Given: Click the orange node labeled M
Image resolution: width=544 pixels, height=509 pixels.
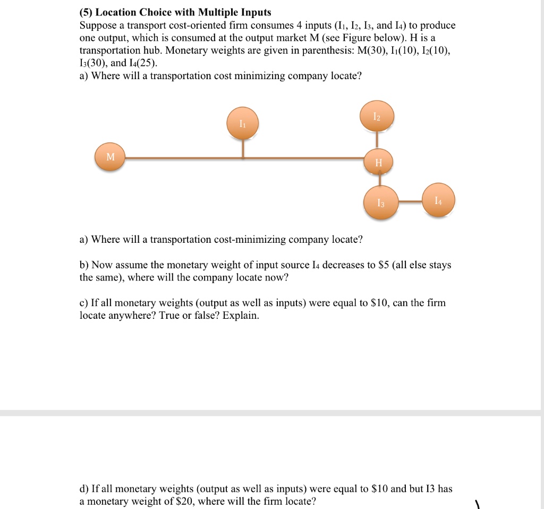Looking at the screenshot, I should (x=110, y=157).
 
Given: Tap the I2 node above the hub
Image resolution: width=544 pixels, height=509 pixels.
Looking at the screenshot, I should (x=377, y=116).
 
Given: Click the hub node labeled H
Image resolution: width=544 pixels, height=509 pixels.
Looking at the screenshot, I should (x=378, y=162).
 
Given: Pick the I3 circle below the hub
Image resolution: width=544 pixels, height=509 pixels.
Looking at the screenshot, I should (x=380, y=202).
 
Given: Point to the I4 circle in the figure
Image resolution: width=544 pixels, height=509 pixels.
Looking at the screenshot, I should (x=438, y=200).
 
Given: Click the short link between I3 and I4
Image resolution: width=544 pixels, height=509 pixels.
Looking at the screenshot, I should (x=410, y=201).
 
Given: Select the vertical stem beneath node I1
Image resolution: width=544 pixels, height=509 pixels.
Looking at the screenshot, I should (x=243, y=148).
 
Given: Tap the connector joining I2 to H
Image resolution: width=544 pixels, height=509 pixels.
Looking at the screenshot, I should (x=377, y=140).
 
